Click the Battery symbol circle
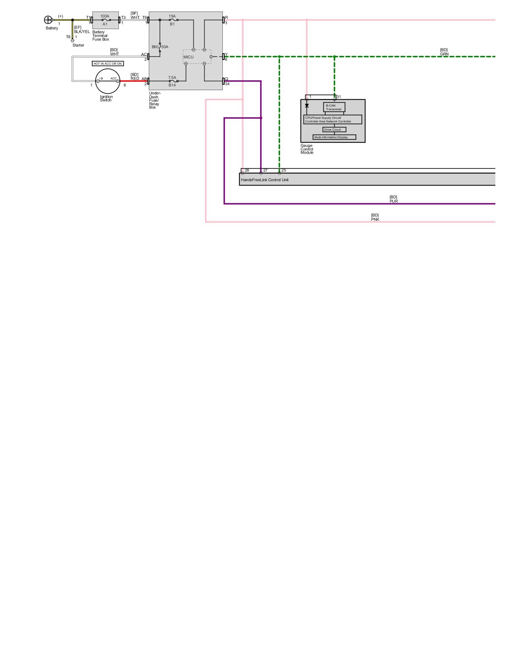48,20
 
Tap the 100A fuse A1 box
105,20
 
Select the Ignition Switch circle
108,81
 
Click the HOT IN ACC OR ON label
108,64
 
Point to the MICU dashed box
197,57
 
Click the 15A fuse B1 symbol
173,20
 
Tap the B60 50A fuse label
160,47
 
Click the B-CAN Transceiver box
334,107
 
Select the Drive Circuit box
334,130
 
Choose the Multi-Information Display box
334,137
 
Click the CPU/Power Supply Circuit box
332,119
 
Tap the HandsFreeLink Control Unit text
265,180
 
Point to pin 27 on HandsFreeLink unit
261,173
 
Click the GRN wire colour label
444,54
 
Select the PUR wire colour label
394,201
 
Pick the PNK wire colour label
375,219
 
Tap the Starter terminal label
78,45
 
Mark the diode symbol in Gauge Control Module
307,106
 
